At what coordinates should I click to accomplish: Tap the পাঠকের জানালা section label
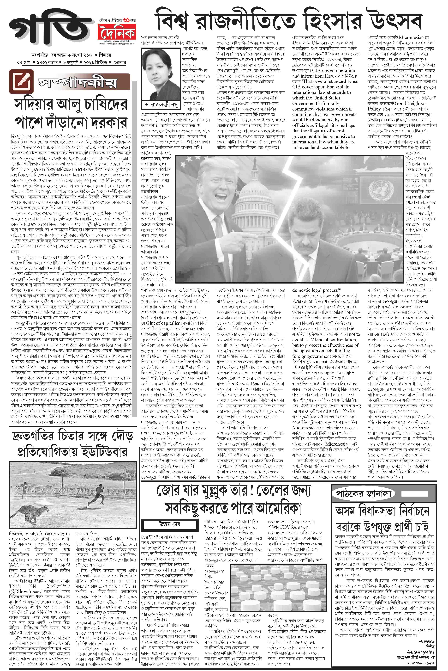363,494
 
